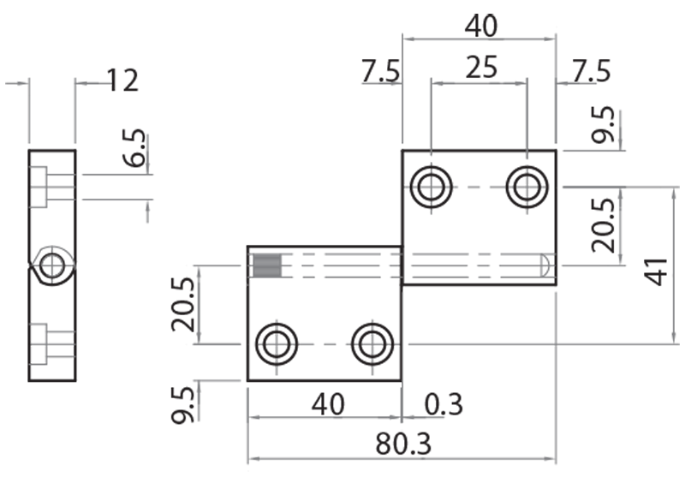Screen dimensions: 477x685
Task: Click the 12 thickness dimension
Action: (x=122, y=81)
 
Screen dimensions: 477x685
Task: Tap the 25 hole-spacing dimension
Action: (x=481, y=68)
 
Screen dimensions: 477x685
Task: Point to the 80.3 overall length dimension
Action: (x=402, y=445)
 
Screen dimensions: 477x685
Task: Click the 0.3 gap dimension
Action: (x=442, y=403)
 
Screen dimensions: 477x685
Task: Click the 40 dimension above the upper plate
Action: (x=480, y=27)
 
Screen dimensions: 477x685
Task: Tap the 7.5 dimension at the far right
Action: (x=591, y=72)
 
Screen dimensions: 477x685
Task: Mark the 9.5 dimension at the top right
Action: (x=605, y=125)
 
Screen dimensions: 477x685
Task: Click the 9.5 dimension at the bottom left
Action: (x=183, y=403)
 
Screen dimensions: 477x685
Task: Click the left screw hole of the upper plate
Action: (x=431, y=187)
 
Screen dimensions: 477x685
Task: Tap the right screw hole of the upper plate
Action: (x=527, y=187)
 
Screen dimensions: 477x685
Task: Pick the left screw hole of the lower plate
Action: (x=277, y=344)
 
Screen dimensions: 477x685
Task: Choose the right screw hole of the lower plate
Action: (x=372, y=344)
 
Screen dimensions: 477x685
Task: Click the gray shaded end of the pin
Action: (x=266, y=266)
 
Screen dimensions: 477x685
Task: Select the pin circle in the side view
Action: (x=51, y=265)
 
